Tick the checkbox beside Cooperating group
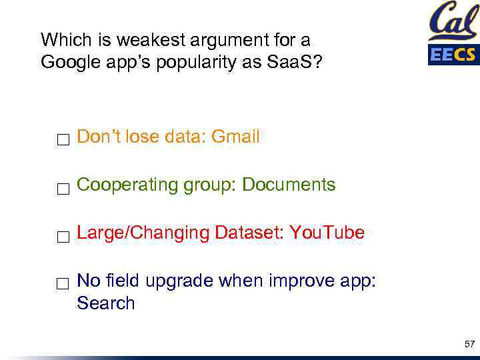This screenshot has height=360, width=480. click(x=63, y=189)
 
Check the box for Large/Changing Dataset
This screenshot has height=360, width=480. click(x=63, y=237)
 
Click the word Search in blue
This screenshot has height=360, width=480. click(x=106, y=304)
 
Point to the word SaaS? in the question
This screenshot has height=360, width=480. click(x=298, y=62)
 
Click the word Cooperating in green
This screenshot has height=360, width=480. click(x=126, y=185)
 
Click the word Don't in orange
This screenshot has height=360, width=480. click(x=99, y=137)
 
